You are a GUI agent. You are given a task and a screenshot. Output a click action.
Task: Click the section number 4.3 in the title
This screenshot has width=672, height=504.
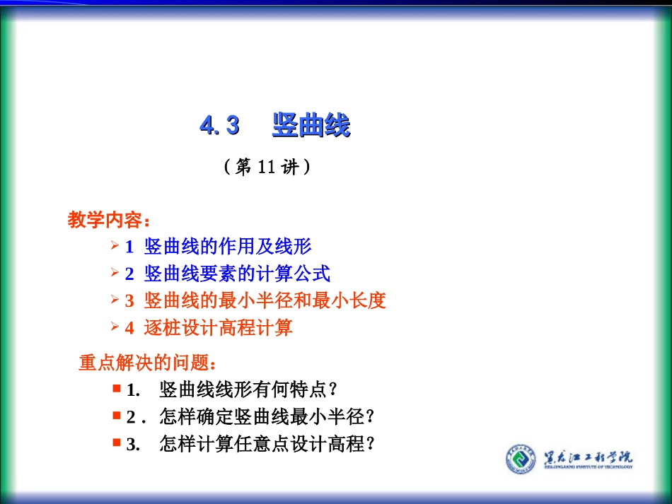[x=219, y=127]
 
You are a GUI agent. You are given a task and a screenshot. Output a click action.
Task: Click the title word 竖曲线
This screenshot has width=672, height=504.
[x=311, y=127]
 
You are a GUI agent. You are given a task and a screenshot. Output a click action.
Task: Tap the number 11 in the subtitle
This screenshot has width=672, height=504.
[x=266, y=168]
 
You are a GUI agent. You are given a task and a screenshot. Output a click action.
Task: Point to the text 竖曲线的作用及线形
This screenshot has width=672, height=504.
[x=228, y=247]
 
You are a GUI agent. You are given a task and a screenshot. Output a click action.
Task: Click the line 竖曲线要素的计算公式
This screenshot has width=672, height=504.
[x=237, y=274]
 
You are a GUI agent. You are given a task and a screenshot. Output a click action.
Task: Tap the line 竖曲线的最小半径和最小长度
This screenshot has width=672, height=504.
[x=265, y=301]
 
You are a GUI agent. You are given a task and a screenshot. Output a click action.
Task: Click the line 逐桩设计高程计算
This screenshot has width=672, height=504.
[x=218, y=328]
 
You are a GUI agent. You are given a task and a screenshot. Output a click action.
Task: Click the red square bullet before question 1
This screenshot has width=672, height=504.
[x=116, y=388]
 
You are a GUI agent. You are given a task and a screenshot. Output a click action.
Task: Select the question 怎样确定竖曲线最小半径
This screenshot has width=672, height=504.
[x=267, y=417]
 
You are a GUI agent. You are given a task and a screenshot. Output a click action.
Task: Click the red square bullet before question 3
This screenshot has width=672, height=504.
[x=116, y=443]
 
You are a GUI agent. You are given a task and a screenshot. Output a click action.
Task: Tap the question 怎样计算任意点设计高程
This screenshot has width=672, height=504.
[x=267, y=445]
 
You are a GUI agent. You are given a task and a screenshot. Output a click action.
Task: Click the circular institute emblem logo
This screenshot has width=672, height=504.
[x=521, y=459]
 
